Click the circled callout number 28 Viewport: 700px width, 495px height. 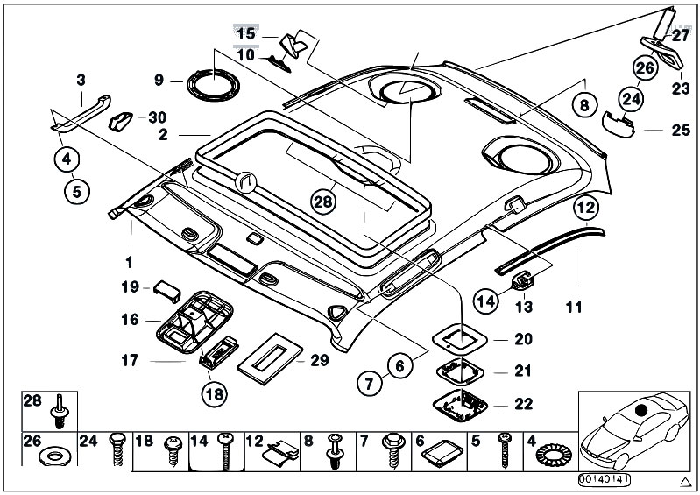click(x=323, y=202)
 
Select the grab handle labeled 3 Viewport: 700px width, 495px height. click(x=81, y=114)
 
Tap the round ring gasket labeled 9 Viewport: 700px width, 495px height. click(x=214, y=85)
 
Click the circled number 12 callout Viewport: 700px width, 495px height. click(x=586, y=207)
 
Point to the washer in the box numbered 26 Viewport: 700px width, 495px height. click(x=55, y=456)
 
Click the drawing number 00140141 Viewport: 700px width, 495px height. click(x=605, y=480)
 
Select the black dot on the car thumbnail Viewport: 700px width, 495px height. click(x=641, y=410)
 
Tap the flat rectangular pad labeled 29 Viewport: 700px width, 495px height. click(x=270, y=358)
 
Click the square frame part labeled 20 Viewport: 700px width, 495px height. click(x=460, y=339)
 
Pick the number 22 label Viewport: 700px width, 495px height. click(x=523, y=404)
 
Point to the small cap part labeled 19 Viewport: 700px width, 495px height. click(x=167, y=292)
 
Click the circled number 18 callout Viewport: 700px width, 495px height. click(x=215, y=393)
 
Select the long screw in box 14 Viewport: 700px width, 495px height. click(x=225, y=451)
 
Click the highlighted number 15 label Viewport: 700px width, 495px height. click(x=246, y=34)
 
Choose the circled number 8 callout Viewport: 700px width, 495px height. click(x=584, y=105)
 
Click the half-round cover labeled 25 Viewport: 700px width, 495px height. click(x=619, y=124)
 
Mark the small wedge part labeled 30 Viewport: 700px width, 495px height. click(x=120, y=122)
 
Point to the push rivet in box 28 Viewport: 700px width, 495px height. click(x=59, y=411)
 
